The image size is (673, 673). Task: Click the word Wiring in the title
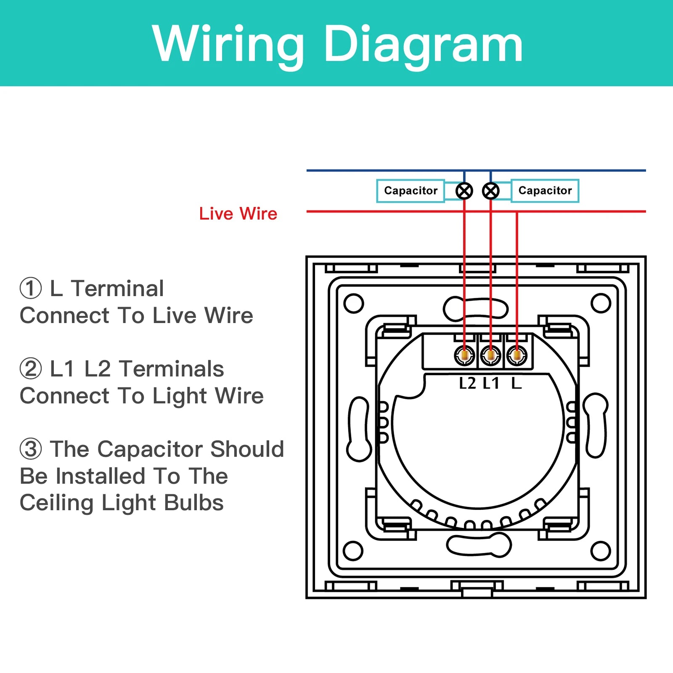click(228, 44)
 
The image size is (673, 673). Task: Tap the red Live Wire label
click(238, 214)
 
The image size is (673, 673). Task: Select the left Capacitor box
click(411, 191)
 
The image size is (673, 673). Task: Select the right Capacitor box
click(545, 191)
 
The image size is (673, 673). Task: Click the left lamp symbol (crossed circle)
click(464, 191)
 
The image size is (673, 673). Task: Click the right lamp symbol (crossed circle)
click(491, 191)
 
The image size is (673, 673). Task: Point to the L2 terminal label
click(467, 383)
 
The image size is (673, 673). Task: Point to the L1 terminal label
click(491, 383)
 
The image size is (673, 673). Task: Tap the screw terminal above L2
click(464, 356)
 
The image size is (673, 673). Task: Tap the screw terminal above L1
click(490, 356)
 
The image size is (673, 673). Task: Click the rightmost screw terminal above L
click(517, 356)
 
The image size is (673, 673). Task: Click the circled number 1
click(31, 289)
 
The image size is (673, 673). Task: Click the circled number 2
click(31, 369)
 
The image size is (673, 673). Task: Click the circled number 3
click(31, 449)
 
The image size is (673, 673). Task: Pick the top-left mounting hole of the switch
click(353, 303)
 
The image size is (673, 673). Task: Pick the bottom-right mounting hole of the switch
click(600, 551)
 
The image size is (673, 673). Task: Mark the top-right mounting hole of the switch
click(600, 303)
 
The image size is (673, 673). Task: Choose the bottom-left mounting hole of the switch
click(353, 551)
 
